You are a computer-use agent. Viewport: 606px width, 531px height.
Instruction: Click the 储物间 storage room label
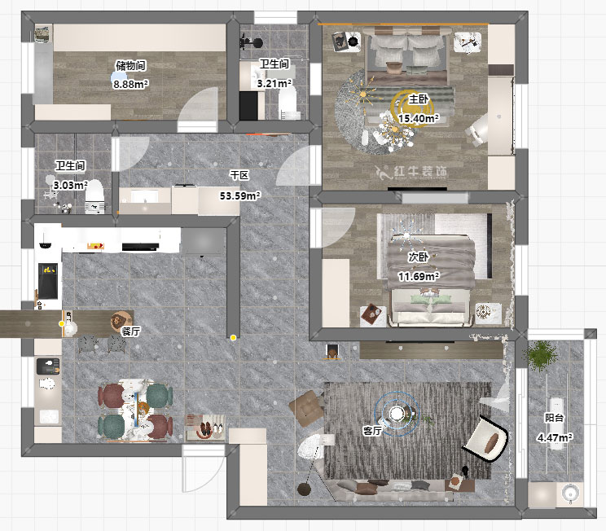130,66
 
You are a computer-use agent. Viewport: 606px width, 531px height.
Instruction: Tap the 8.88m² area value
130,84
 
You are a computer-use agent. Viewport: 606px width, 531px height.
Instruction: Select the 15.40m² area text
419,118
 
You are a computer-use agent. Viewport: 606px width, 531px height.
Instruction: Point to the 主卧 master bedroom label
419,99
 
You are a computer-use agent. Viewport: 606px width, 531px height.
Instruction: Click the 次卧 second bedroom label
418,257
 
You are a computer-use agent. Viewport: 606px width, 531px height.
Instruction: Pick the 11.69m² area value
419,276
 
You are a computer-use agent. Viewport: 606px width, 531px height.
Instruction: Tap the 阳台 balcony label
554,418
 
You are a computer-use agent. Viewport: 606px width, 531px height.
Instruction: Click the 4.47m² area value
555,437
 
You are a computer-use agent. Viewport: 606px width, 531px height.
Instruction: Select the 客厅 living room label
372,431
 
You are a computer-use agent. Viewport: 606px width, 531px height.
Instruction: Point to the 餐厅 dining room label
130,331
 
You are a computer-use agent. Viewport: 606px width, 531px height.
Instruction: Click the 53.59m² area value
240,196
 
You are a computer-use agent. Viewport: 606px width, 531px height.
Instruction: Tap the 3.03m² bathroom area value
70,185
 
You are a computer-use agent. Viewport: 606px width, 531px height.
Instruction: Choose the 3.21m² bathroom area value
274,83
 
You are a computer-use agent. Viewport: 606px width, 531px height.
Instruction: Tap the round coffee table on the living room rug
397,414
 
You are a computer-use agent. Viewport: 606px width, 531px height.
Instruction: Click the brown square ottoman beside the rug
307,409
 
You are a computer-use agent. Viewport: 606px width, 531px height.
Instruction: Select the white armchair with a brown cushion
485,439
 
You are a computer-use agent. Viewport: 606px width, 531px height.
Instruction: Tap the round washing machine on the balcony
569,493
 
